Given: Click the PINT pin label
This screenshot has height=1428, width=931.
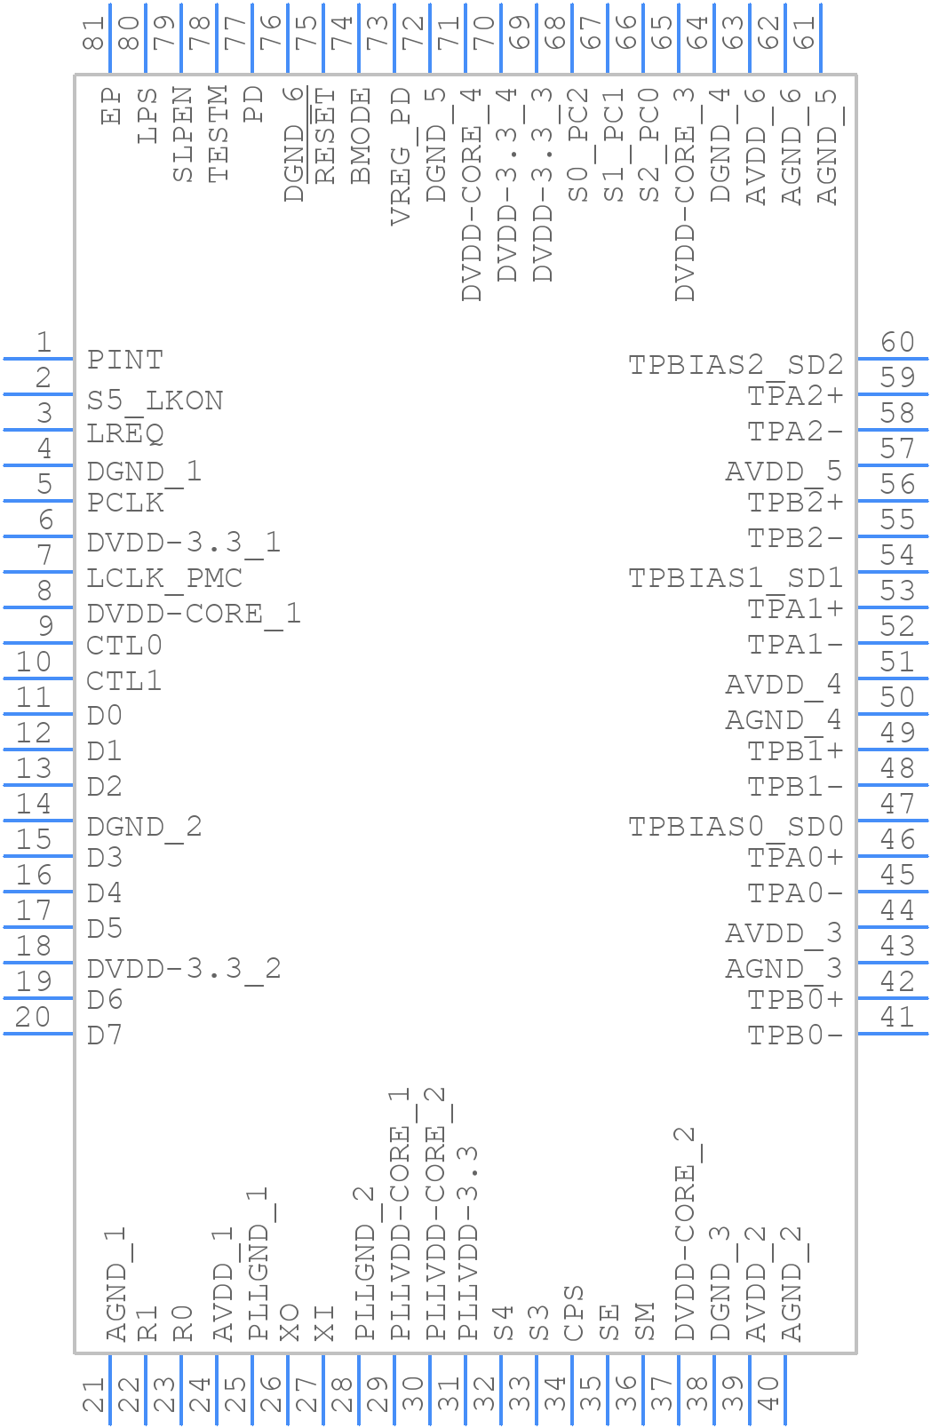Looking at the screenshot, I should tap(125, 360).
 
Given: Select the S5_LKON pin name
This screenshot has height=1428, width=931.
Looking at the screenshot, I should tap(155, 401).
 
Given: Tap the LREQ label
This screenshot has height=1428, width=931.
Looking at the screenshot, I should tap(125, 433).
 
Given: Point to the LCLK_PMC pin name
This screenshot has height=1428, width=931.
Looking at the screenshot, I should tap(164, 578).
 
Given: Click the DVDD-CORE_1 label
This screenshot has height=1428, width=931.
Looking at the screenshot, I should tap(194, 614).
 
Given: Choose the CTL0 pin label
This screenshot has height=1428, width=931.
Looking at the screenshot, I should tap(124, 645).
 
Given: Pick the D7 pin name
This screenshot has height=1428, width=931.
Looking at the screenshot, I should tap(105, 1035).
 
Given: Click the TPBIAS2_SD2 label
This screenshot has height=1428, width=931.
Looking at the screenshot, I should tap(736, 365).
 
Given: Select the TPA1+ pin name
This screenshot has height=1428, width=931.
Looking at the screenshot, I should tap(794, 609).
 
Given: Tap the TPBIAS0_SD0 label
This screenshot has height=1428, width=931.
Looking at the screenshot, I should tap(736, 827).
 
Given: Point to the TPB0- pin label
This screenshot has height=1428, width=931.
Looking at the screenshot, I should tap(794, 1035).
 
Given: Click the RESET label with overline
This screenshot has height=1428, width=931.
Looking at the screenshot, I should tap(325, 135).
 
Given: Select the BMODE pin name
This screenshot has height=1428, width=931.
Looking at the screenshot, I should tap(361, 135).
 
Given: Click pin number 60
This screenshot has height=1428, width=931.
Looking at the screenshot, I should tap(897, 342).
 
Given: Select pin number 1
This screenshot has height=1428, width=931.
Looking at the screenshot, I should tap(43, 342).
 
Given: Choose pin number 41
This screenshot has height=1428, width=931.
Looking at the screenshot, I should tap(897, 1017).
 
